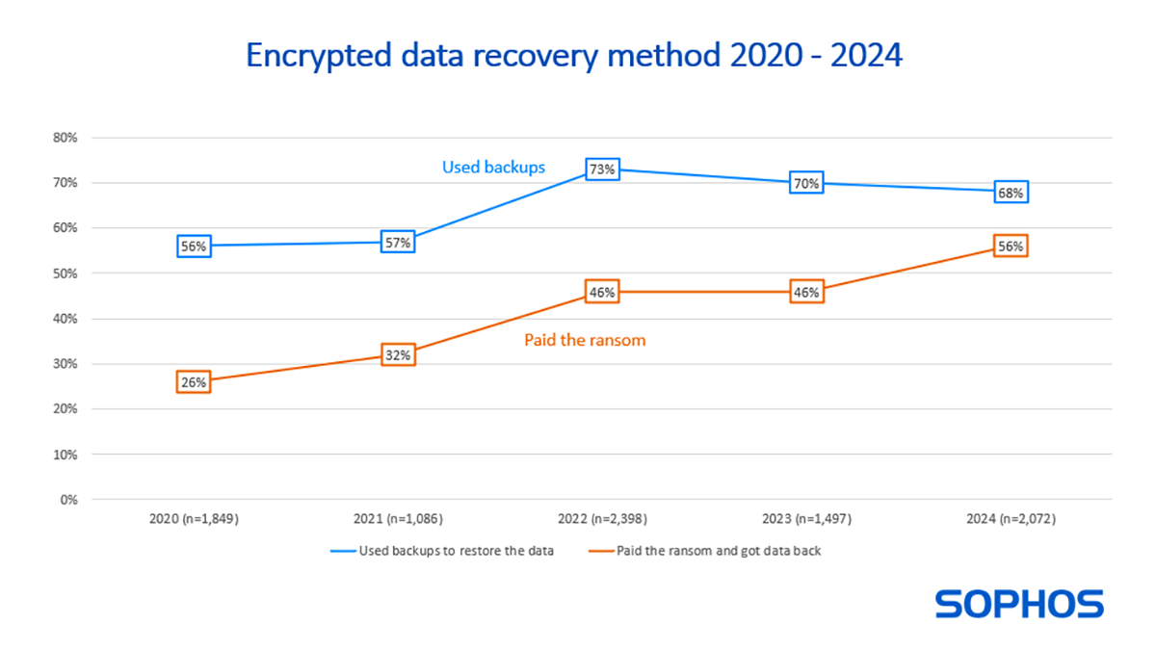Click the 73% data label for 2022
click(x=602, y=170)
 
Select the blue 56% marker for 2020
click(x=194, y=247)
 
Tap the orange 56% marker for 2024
click(x=1011, y=247)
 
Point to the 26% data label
click(x=194, y=382)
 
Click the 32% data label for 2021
click(x=398, y=355)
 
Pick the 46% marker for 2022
click(x=602, y=292)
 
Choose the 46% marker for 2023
click(x=806, y=292)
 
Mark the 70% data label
click(x=806, y=183)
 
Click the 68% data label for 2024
click(x=1011, y=193)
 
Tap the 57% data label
click(x=398, y=242)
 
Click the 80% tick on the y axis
click(x=65, y=138)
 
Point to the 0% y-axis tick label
click(x=68, y=500)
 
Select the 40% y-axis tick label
click(x=65, y=319)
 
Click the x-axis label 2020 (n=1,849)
click(x=194, y=519)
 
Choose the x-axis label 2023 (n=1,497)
click(x=806, y=519)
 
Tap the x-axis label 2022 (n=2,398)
click(x=602, y=519)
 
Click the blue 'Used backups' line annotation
click(x=493, y=168)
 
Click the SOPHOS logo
click(x=1019, y=605)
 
